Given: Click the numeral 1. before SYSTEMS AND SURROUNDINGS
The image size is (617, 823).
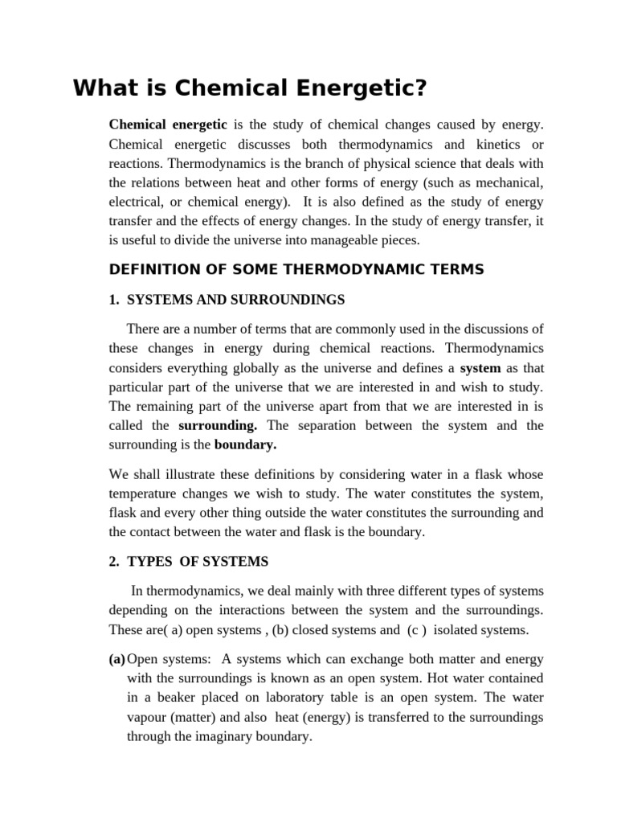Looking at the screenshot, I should [x=114, y=300].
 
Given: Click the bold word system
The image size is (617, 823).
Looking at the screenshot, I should [x=480, y=367].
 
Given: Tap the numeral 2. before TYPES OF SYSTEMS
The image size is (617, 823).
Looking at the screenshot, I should [x=114, y=561].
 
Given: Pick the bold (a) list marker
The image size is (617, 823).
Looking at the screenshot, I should [x=117, y=658].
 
